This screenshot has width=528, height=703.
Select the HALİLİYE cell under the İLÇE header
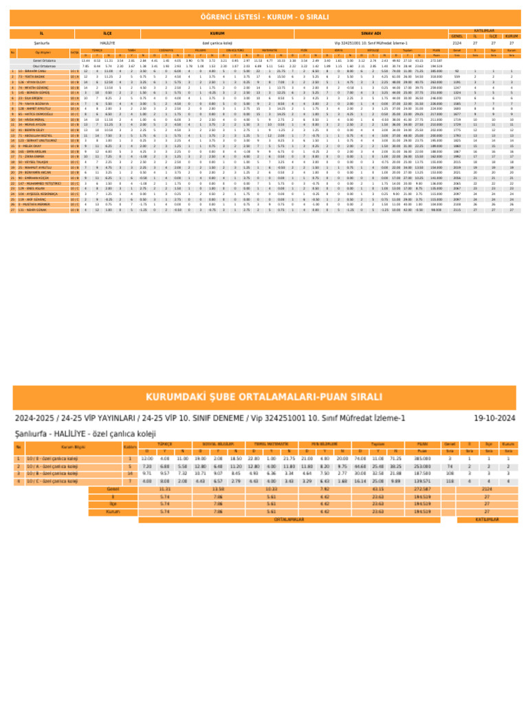[x=107, y=43]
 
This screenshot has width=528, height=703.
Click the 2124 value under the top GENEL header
[x=456, y=43]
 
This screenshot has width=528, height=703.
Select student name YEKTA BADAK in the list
[x=30, y=76]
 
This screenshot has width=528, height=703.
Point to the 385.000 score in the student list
[x=436, y=71]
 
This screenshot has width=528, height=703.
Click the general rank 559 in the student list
[x=456, y=76]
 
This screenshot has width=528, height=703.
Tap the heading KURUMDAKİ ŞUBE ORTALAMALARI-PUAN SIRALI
[x=264, y=397]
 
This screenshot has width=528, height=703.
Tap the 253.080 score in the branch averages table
[x=423, y=465]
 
